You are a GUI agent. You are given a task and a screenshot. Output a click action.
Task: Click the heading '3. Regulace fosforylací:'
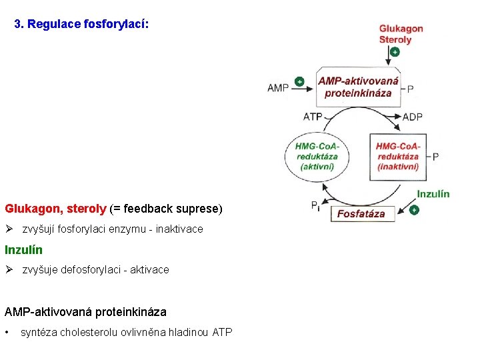tap(82, 24)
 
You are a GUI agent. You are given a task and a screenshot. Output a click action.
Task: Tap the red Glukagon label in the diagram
tap(401, 29)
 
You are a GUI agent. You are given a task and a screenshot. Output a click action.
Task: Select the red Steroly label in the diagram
tap(395, 39)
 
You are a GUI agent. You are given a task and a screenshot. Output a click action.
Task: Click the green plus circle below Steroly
tap(395, 51)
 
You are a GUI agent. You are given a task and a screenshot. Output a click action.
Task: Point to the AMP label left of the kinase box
tap(278, 87)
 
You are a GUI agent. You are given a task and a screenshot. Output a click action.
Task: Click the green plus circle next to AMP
tap(299, 82)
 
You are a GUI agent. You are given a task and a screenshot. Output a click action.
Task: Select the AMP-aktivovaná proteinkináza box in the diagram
tap(358, 87)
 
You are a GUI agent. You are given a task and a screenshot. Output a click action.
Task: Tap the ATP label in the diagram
tap(313, 116)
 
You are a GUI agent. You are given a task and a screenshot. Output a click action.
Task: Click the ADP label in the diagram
tap(412, 117)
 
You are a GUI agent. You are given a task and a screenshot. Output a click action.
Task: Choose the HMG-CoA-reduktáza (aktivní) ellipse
tap(317, 157)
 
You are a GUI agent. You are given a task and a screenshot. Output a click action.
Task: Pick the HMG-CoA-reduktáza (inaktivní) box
tap(397, 157)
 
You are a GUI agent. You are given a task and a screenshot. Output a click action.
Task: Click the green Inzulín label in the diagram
tap(433, 194)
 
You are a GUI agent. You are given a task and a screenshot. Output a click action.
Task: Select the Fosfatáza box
tap(361, 213)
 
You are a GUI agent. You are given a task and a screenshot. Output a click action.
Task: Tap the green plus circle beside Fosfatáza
tap(415, 210)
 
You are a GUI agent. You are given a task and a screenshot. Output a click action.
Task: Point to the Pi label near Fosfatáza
tap(315, 207)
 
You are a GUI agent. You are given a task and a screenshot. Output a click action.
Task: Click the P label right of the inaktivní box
tap(435, 157)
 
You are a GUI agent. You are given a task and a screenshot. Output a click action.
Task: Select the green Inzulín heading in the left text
tap(23, 250)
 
